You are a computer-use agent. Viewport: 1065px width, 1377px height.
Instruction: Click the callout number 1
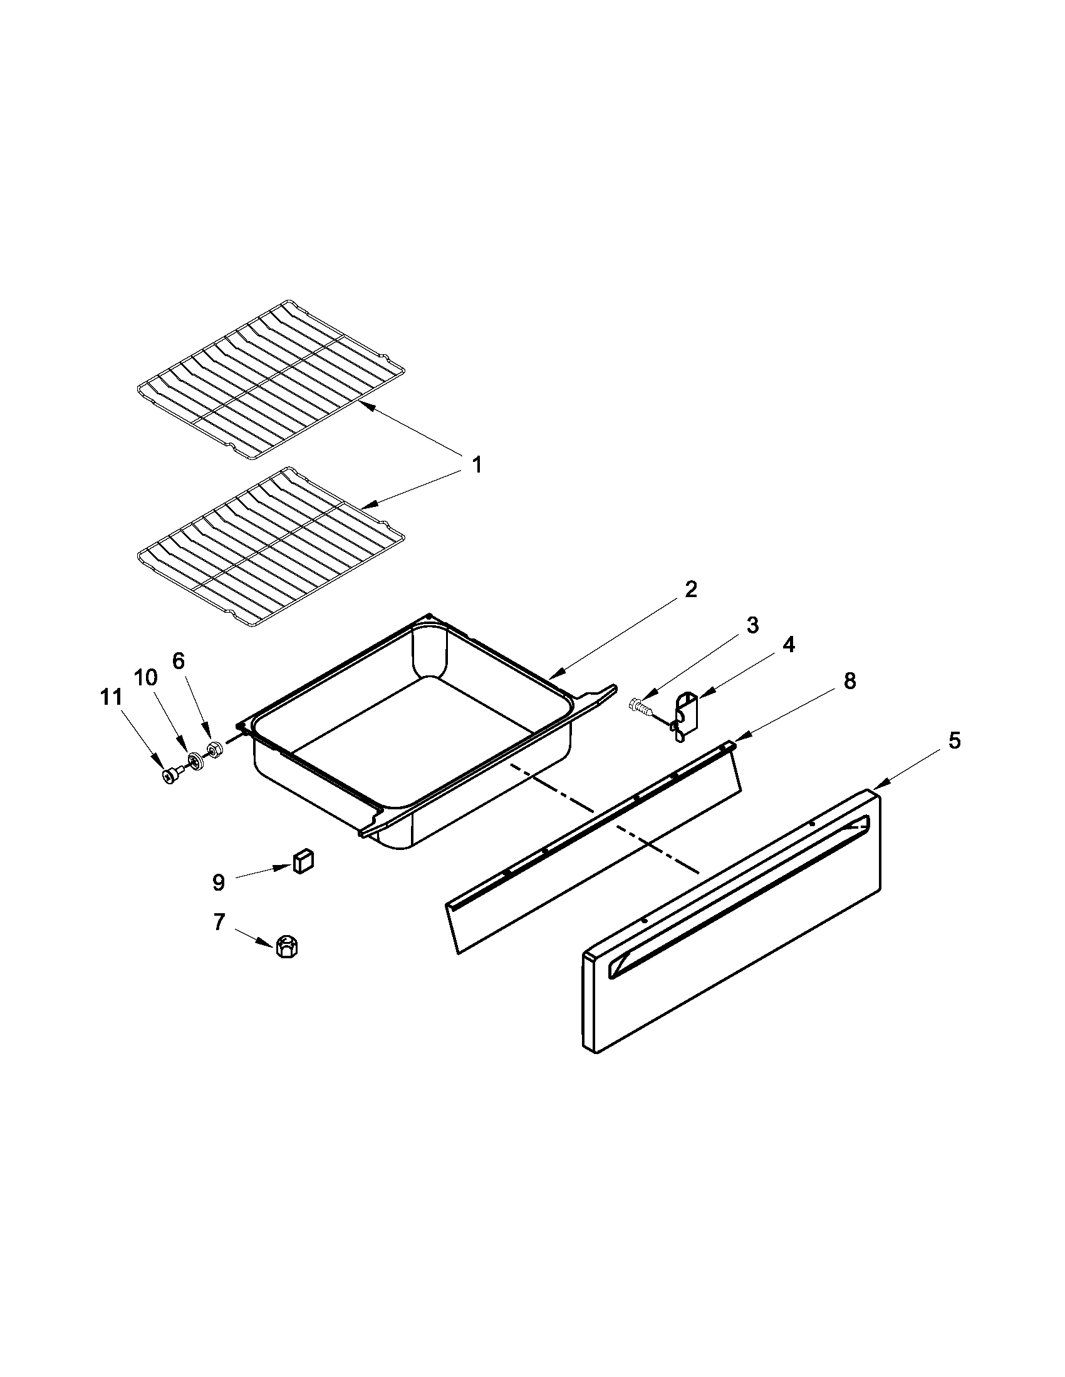477,466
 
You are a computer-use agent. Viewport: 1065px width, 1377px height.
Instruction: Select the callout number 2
691,590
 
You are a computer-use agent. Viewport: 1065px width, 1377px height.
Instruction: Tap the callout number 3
752,625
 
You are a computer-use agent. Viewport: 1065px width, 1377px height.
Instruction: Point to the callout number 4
789,644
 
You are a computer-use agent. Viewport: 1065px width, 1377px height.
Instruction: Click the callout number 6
179,661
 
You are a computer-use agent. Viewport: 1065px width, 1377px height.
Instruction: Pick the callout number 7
218,923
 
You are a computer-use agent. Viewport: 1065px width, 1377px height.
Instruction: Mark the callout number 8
850,681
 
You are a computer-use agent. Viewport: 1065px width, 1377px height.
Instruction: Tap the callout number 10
145,678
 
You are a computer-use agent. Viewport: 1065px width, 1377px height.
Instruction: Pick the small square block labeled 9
303,861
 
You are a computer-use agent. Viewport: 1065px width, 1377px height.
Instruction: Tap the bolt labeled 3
638,707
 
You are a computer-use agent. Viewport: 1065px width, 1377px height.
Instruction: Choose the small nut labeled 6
214,750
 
